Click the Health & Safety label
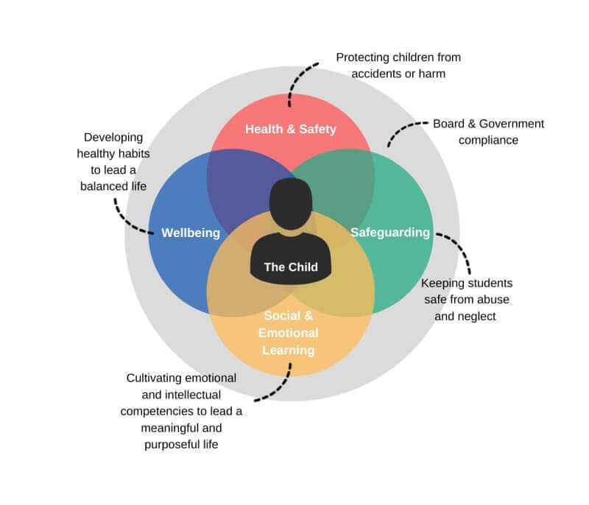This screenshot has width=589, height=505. tap(290, 130)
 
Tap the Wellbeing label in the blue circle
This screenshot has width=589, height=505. tap(191, 233)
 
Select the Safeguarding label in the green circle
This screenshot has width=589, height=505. tap(389, 233)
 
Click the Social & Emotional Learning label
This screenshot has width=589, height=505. tap(290, 333)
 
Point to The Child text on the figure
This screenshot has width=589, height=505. tap(291, 267)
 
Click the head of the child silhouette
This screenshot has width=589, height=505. tap(291, 203)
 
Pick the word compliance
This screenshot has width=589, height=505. tap(488, 140)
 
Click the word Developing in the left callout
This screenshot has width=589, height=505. tap(113, 137)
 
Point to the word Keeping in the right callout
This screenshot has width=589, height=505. tap(442, 283)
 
